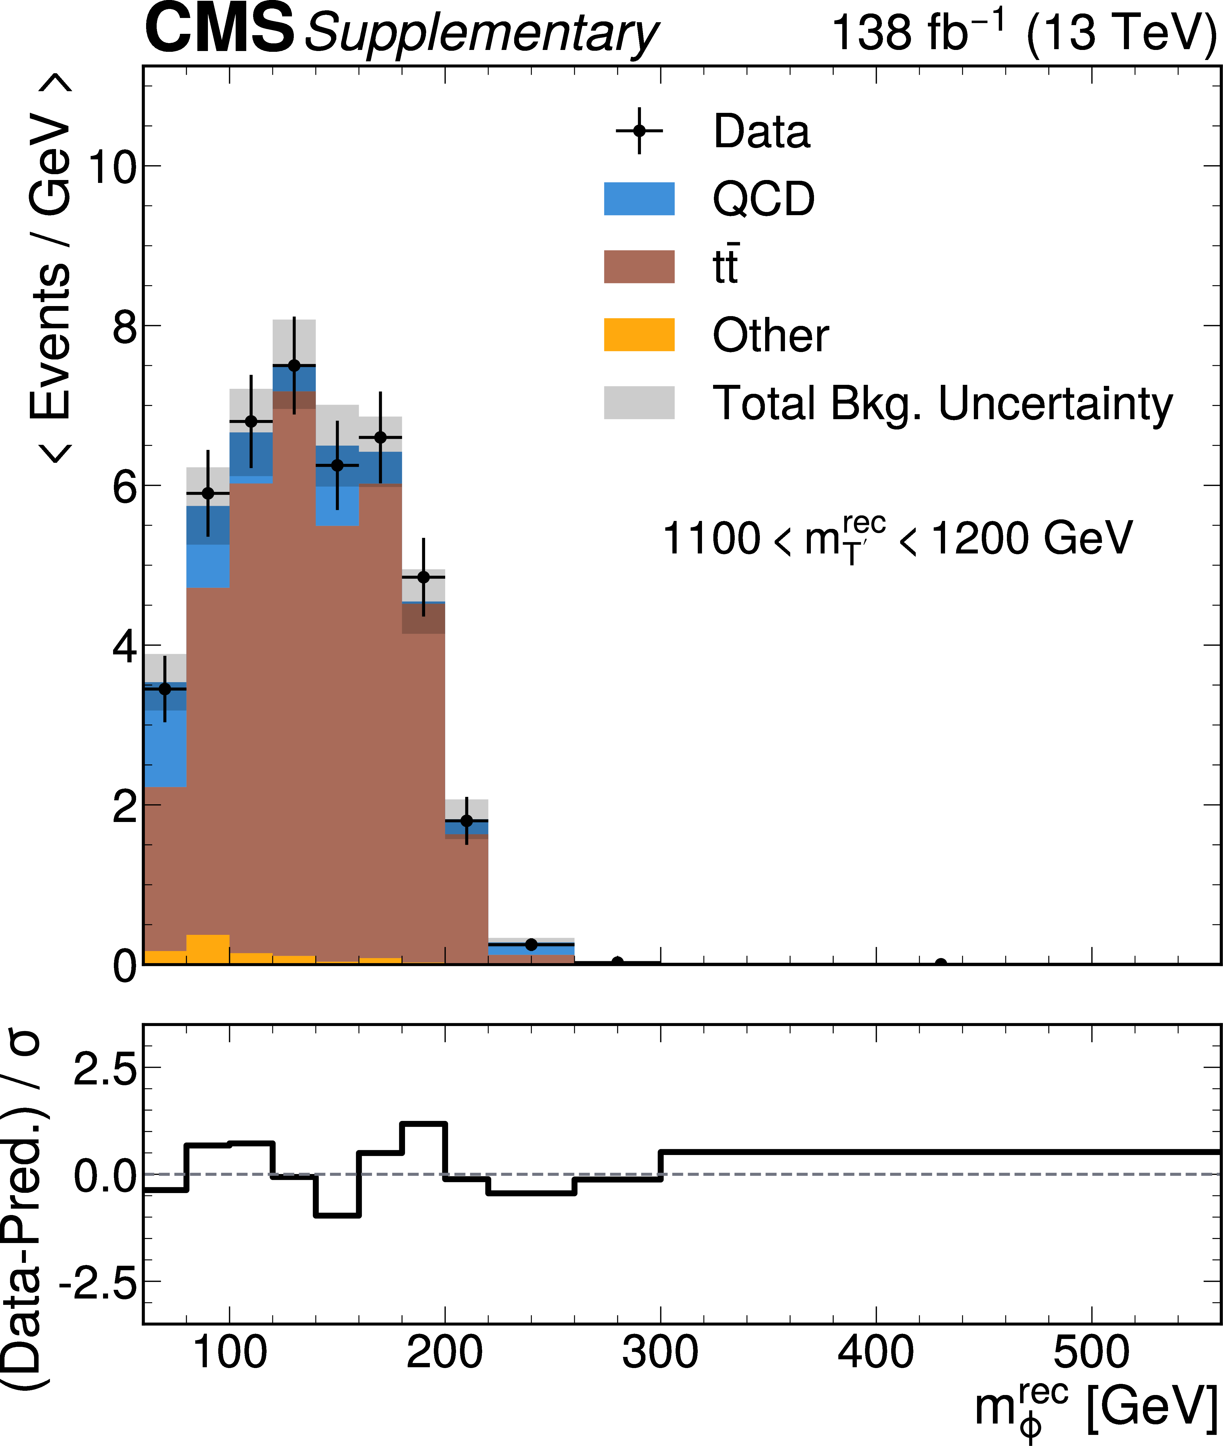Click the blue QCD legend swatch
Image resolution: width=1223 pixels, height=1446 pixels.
click(639, 199)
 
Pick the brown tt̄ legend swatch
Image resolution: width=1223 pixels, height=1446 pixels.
click(639, 267)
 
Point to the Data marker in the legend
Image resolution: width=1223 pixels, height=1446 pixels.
click(639, 131)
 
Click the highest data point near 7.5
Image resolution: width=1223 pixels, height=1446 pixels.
click(294, 366)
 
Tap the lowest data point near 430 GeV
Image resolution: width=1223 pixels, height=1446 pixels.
click(941, 963)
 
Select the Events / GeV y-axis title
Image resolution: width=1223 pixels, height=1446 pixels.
click(50, 270)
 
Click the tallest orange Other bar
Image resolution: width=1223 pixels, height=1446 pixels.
click(208, 949)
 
